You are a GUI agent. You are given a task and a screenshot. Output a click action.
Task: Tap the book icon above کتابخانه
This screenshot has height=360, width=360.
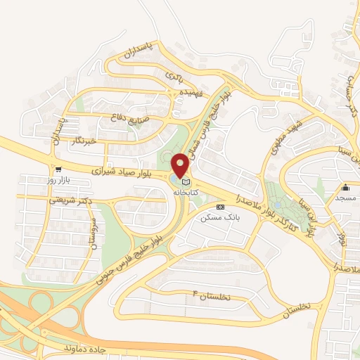coord(186,182)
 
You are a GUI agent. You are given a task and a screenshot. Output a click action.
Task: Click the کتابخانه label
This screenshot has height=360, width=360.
coord(186,192)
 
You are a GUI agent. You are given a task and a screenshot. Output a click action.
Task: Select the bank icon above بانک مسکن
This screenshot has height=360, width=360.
coord(221,207)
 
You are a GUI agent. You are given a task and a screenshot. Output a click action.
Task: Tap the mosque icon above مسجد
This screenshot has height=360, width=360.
coord(346,188)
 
